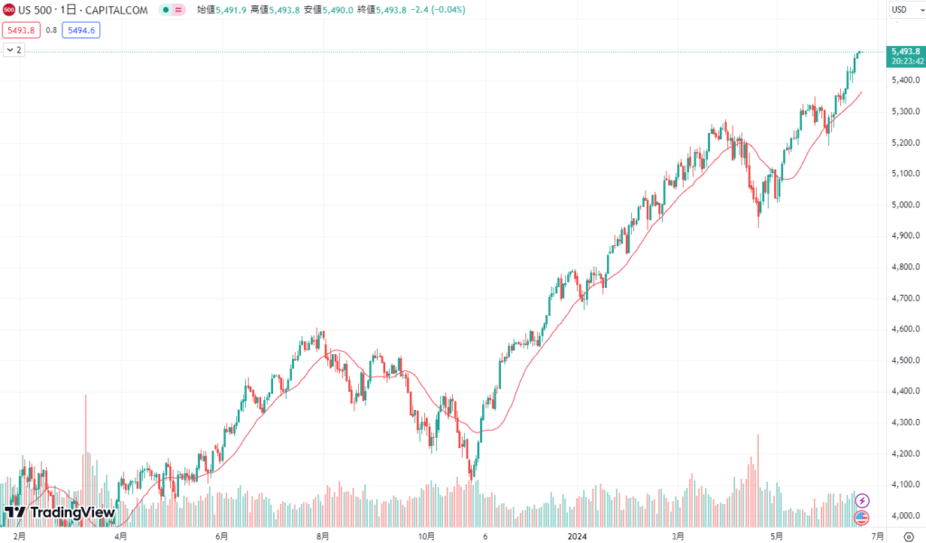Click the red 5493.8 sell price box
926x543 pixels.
tap(20, 30)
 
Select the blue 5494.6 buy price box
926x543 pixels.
tap(80, 30)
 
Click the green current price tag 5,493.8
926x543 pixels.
tap(905, 52)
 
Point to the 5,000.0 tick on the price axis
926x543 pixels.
tap(905, 205)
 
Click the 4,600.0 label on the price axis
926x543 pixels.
tap(905, 329)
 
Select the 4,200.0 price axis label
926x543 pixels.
tap(905, 453)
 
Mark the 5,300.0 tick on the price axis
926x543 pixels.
tap(905, 111)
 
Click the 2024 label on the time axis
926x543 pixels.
tap(577, 536)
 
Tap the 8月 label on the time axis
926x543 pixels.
tap(323, 536)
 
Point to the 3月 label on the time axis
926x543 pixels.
tap(678, 536)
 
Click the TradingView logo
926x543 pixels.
tap(60, 513)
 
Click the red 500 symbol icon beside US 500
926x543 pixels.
tap(9, 10)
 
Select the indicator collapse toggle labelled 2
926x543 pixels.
tap(14, 50)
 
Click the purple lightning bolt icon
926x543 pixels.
tap(862, 500)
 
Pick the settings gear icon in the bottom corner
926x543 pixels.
tap(908, 536)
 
